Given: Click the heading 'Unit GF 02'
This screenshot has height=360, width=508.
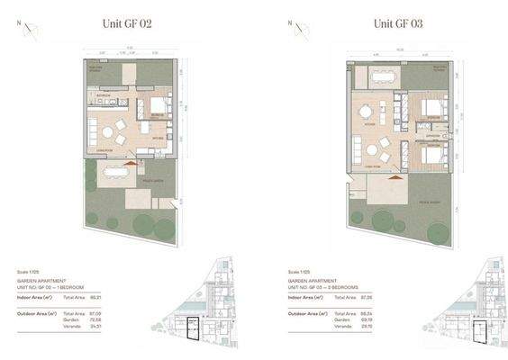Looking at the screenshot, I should tap(125, 24).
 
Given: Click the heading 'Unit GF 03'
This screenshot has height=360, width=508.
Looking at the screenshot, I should tap(397, 24).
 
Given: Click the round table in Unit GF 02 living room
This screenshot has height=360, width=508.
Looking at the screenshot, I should tap(120, 127).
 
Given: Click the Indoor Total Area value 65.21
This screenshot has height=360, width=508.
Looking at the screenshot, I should tap(106, 296).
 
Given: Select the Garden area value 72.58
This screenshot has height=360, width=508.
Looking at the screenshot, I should tap(106, 319).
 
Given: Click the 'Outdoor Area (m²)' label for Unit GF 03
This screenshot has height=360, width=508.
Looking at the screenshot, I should tap(308, 313).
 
